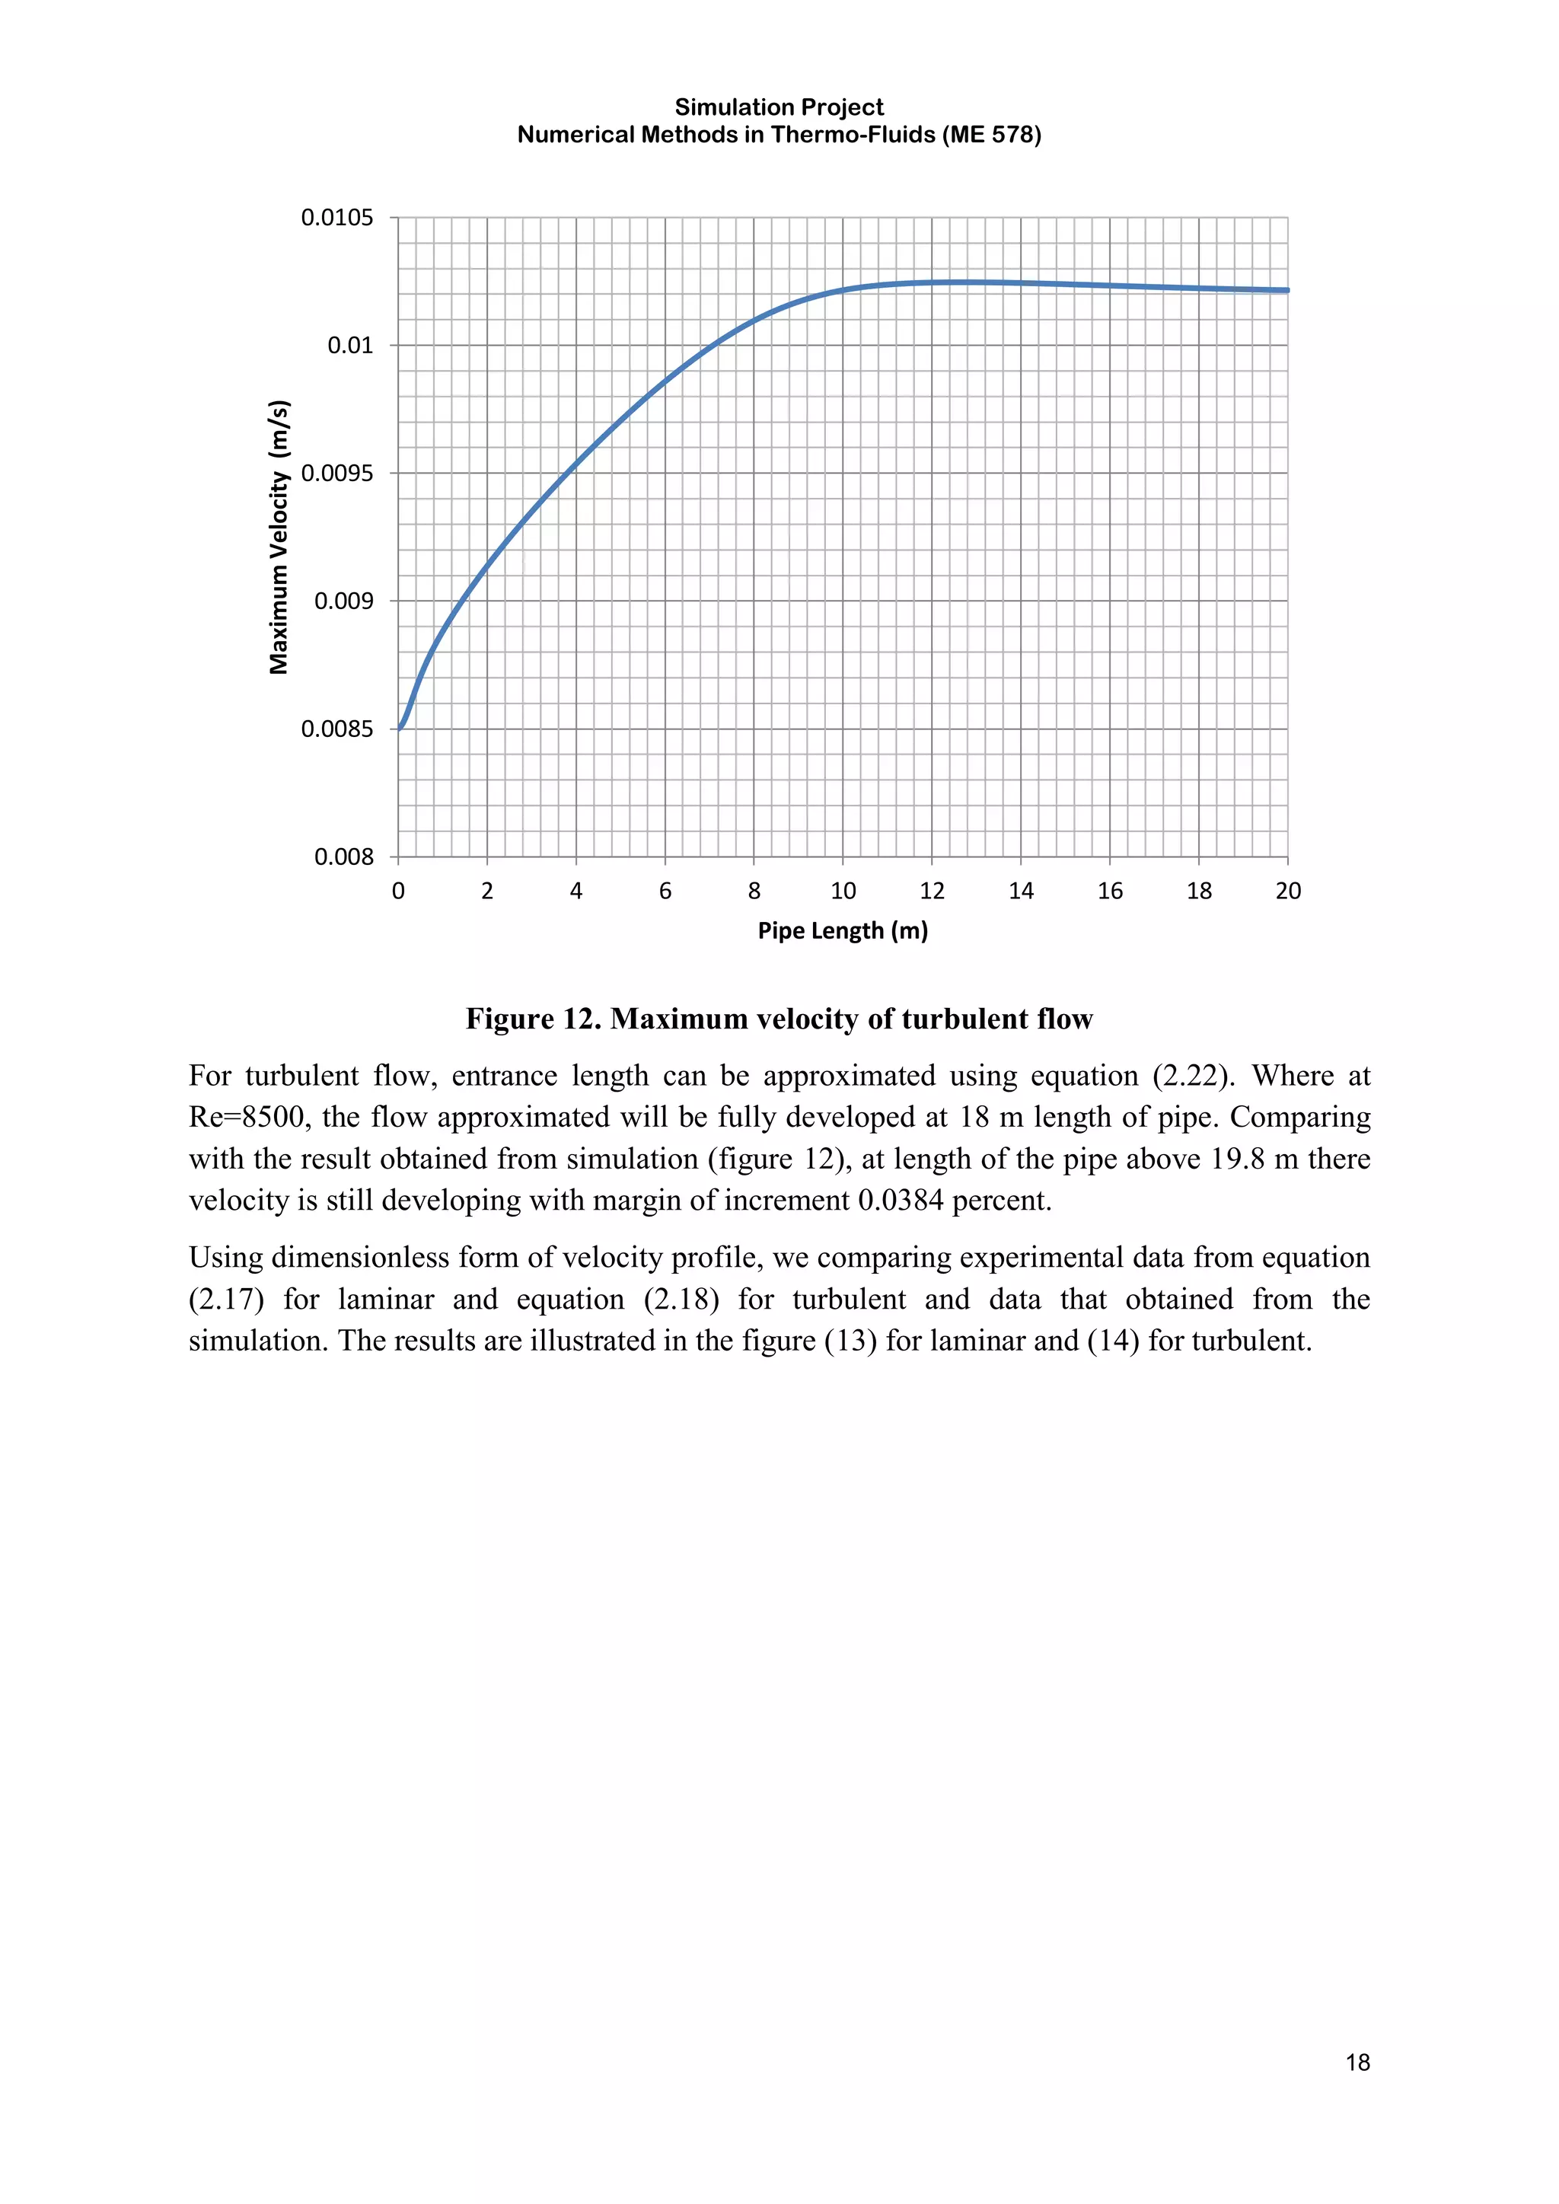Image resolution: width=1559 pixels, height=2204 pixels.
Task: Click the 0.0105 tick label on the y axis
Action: (x=337, y=218)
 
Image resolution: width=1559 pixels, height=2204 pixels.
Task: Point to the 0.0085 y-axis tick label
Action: (x=337, y=729)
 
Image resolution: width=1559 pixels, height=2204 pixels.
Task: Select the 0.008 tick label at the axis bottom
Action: (x=343, y=857)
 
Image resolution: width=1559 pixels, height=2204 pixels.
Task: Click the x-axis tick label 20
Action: (x=1287, y=891)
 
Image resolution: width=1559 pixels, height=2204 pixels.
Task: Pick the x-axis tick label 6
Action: (x=665, y=891)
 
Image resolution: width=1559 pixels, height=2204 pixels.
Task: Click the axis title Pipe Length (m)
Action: (x=842, y=931)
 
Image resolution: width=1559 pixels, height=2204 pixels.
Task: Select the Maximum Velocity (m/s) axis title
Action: (x=279, y=537)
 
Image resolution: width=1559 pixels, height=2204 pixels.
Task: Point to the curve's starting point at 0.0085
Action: (x=400, y=729)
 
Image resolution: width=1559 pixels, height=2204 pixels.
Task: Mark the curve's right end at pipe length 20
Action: (x=1286, y=290)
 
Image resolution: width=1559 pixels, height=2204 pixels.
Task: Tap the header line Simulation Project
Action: (x=779, y=107)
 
